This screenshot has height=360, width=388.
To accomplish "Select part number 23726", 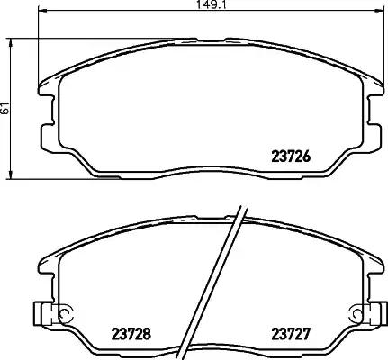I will pyautogui.click(x=292, y=154).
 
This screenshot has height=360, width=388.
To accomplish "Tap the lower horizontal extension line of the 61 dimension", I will pyautogui.click(x=54, y=175).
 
